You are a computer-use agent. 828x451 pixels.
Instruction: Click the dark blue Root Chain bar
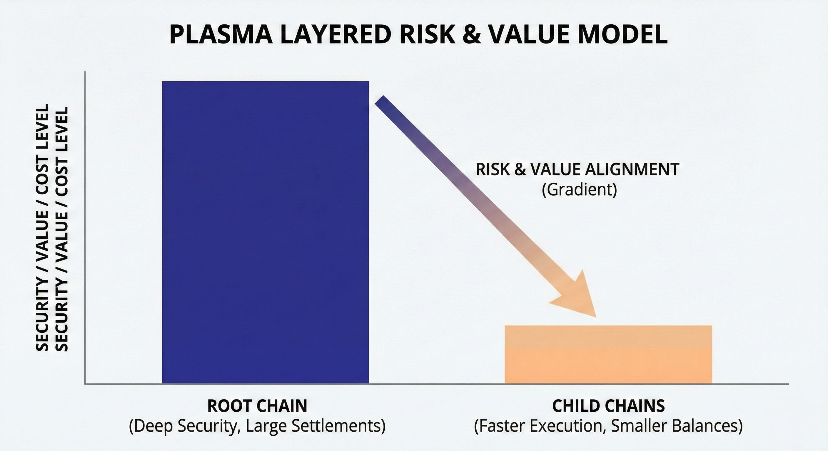266,233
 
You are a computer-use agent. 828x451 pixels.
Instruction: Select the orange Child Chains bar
608,354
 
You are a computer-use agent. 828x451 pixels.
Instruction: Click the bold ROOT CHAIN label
258,406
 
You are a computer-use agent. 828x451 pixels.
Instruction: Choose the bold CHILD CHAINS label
608,406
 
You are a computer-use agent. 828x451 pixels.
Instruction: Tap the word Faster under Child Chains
499,426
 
